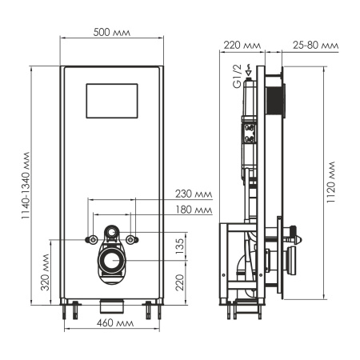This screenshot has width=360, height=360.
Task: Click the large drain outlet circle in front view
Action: click(113, 260)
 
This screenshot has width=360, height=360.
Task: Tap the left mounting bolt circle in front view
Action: click(94, 238)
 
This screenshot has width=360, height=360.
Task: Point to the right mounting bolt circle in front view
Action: click(132, 238)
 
